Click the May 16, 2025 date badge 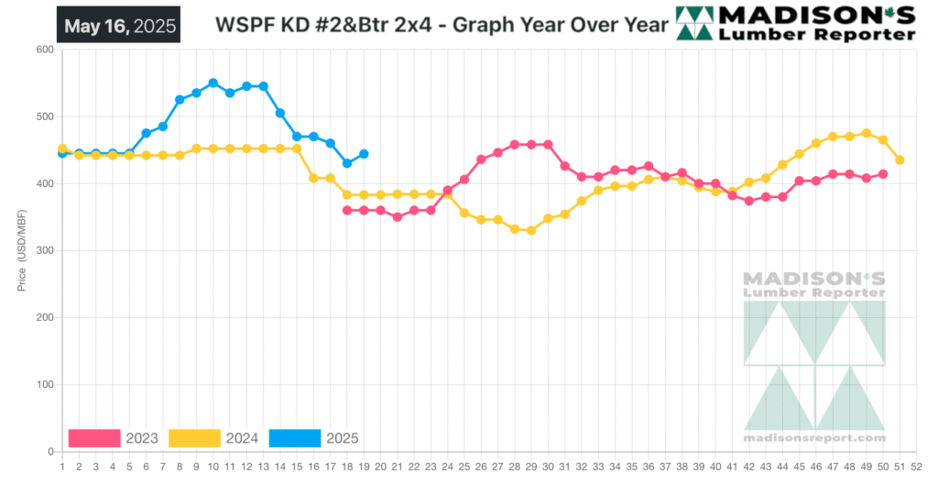coord(117,26)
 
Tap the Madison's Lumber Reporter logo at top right coord(795,24)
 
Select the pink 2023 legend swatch coord(93,438)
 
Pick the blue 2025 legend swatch coord(294,438)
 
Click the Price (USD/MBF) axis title coord(21,249)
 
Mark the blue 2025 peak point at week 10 coord(213,82)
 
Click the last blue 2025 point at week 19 coord(364,154)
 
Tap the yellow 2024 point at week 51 coord(900,159)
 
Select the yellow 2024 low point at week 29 coord(531,230)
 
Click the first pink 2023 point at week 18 coord(347,210)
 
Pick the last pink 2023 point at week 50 coord(883,174)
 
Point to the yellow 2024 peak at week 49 coord(867,133)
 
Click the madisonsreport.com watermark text coord(814,440)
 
